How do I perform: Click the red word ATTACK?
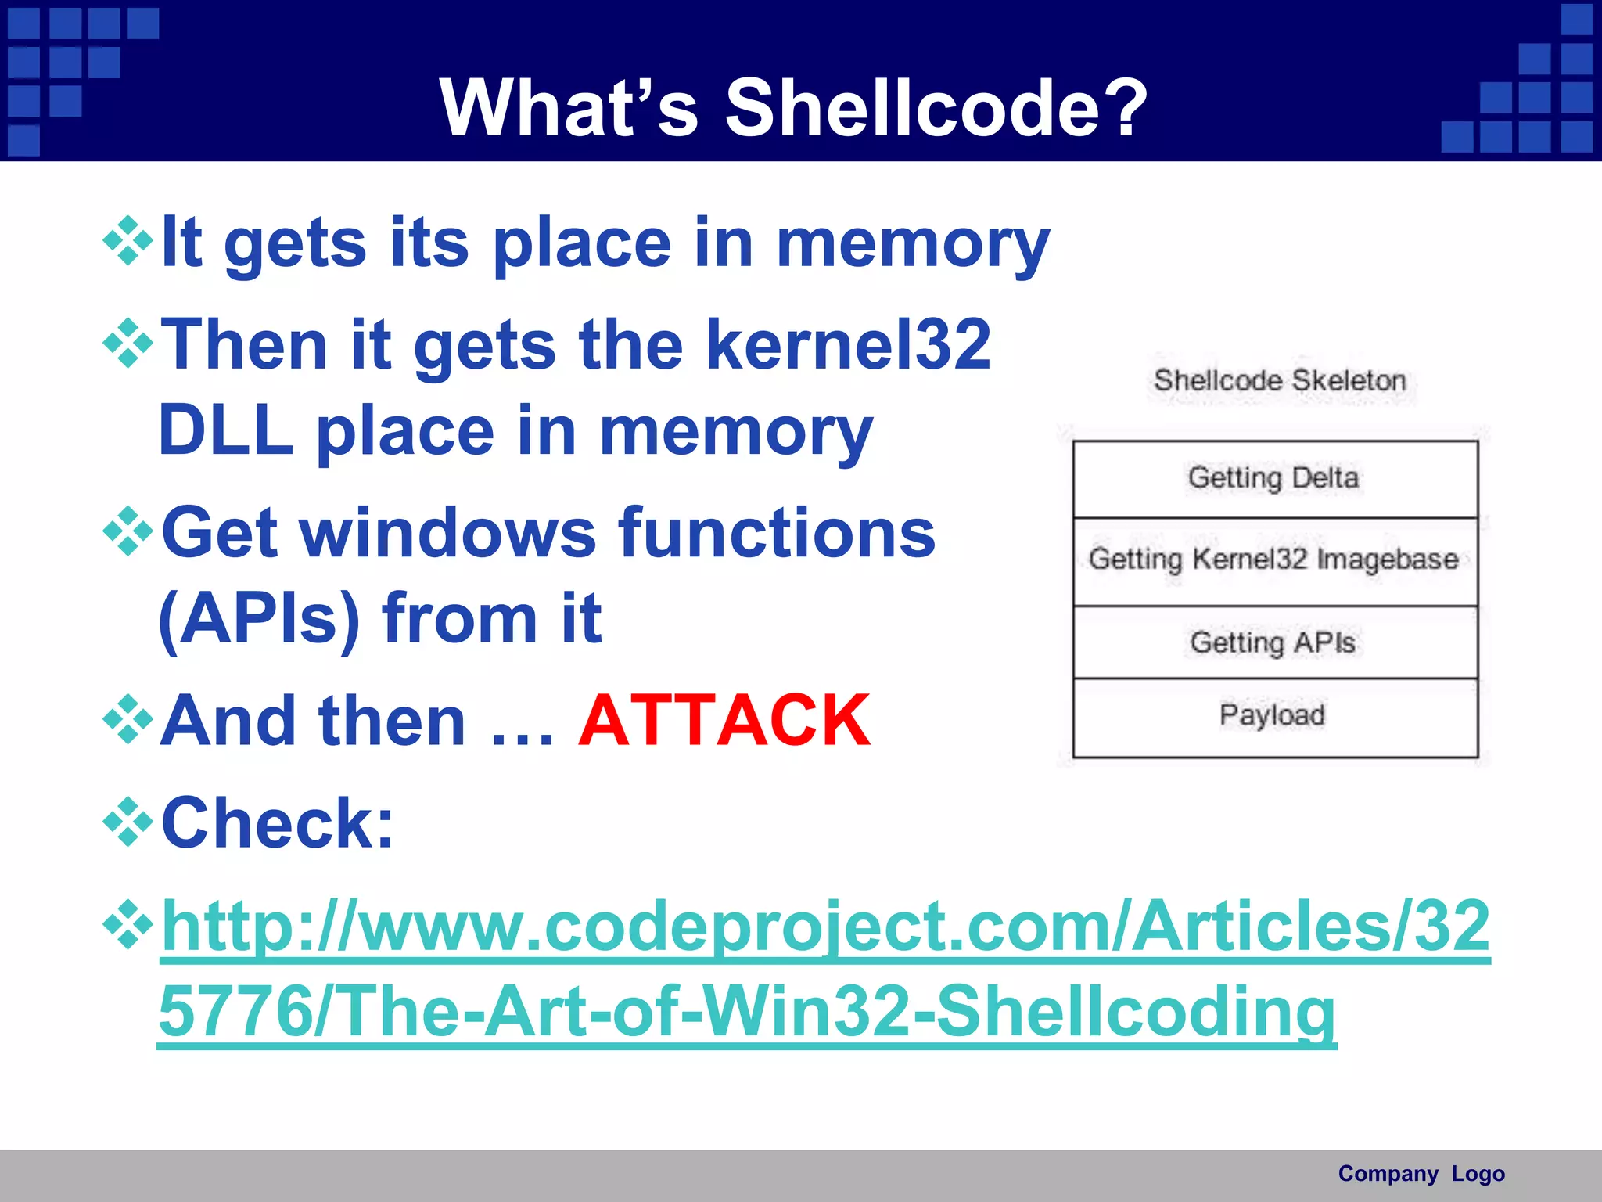[724, 721]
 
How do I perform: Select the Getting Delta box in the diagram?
[1274, 479]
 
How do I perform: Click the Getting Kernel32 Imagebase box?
[1274, 560]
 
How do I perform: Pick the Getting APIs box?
[1274, 642]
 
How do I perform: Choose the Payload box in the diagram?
[1274, 716]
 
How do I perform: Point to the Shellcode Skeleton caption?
[1280, 381]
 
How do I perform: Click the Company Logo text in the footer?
[1421, 1174]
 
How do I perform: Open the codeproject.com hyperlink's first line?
[825, 926]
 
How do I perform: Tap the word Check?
[278, 823]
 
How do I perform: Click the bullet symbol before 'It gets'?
[128, 242]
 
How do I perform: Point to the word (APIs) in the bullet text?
[259, 619]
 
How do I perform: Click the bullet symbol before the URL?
[128, 926]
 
